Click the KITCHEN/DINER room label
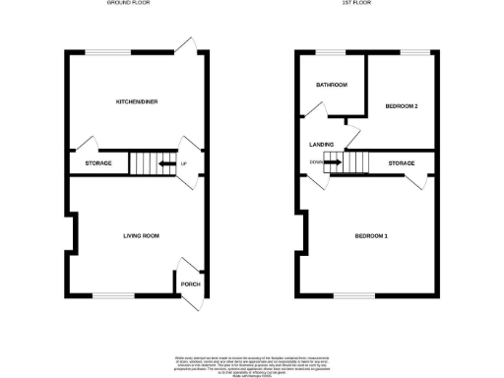pyautogui.click(x=138, y=101)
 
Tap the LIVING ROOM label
pyautogui.click(x=142, y=236)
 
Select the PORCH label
pyautogui.click(x=191, y=284)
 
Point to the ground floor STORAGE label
pyautogui.click(x=98, y=163)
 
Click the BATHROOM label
pyautogui.click(x=332, y=85)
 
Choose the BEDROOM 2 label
pyautogui.click(x=402, y=105)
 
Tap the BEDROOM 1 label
pyautogui.click(x=372, y=236)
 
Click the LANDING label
pyautogui.click(x=321, y=145)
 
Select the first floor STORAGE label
pyautogui.click(x=401, y=163)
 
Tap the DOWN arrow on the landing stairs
pyautogui.click(x=334, y=162)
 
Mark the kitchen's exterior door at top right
pyautogui.click(x=187, y=47)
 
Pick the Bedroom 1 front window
pyautogui.click(x=347, y=294)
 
